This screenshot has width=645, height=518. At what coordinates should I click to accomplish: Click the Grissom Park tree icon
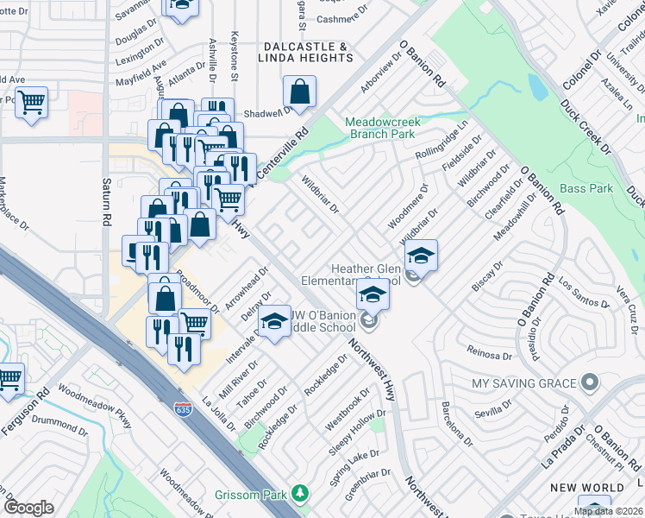coord(300,493)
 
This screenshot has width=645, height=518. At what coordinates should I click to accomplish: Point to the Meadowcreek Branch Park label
coord(383,129)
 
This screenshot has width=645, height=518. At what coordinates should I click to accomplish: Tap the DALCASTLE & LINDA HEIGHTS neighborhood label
coord(305,52)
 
